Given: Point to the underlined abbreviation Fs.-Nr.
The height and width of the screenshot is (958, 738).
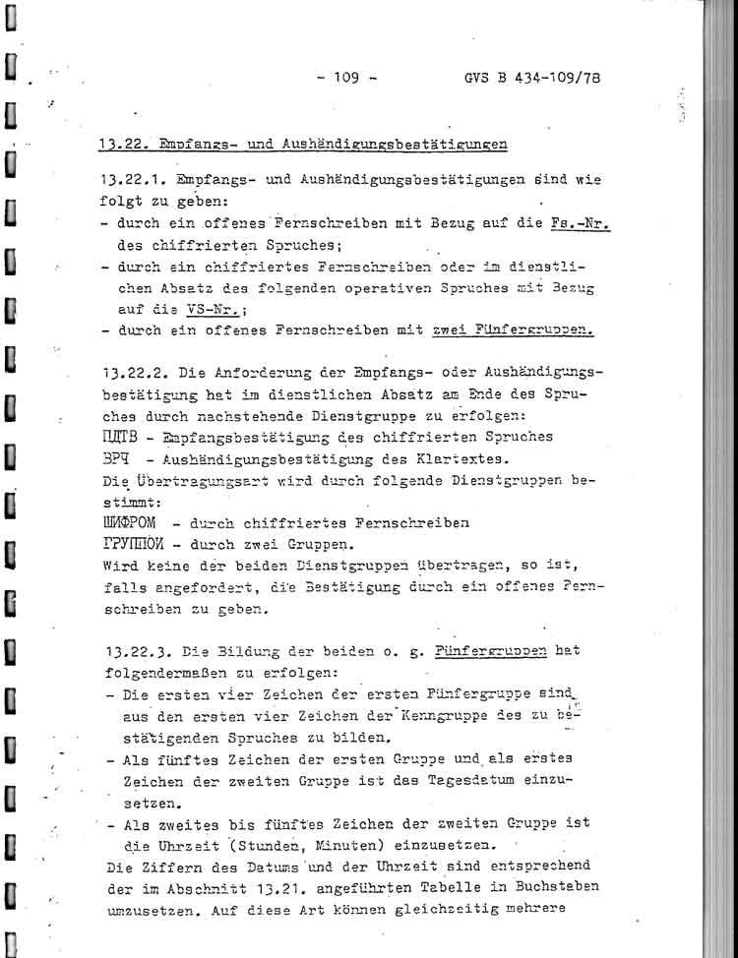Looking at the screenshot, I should [578, 223].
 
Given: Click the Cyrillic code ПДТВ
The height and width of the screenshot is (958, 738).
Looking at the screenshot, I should [120, 437].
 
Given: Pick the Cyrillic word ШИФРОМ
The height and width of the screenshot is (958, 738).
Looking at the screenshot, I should [136, 521].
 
